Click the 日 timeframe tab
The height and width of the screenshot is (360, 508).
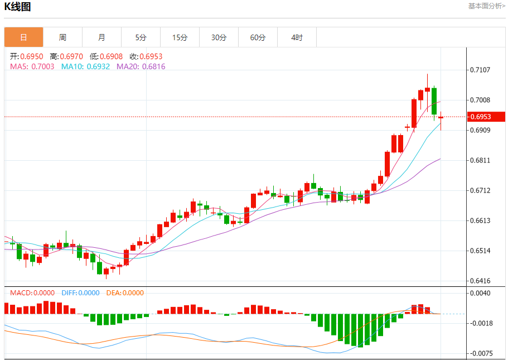(x=23, y=37)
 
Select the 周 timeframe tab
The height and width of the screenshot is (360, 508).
(x=62, y=37)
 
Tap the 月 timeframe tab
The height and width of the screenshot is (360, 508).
(x=101, y=37)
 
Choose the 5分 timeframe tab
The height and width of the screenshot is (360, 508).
(x=141, y=37)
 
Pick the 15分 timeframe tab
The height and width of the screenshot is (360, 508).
(x=180, y=37)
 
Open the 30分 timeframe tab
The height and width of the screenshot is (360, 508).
(x=219, y=37)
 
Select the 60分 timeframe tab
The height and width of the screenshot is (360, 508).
(x=258, y=37)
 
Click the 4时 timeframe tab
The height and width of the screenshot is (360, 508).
(x=297, y=37)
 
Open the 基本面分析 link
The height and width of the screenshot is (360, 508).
(x=486, y=6)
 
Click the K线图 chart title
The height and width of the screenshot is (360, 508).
(x=18, y=7)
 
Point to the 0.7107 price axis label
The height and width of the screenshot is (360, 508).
(x=480, y=70)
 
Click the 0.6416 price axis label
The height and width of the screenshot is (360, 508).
(x=480, y=281)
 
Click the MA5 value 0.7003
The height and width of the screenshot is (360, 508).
(x=42, y=66)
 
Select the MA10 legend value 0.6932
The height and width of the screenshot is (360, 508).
(x=98, y=66)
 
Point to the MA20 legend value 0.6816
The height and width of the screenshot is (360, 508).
(x=153, y=66)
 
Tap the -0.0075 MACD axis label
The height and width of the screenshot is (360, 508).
(x=480, y=353)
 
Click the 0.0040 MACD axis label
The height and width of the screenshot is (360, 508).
(x=480, y=293)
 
